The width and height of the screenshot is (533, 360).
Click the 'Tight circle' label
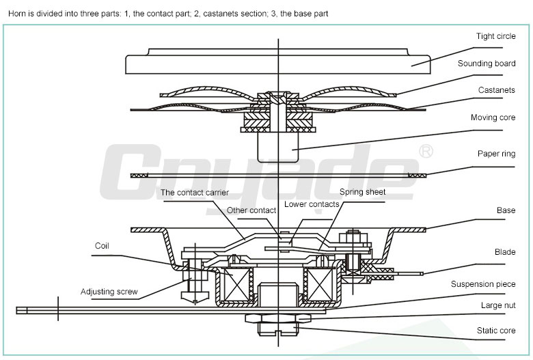(495, 36)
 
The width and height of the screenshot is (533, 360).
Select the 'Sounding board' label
(487, 64)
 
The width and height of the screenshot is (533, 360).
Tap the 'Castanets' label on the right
(497, 90)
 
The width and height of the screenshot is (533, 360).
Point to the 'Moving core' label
(493, 117)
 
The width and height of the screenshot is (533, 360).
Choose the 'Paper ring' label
(496, 154)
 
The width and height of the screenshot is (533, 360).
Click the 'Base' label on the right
(506, 210)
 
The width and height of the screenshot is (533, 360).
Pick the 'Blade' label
(505, 252)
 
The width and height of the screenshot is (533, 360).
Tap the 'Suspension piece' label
(483, 283)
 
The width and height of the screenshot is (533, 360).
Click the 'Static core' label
(495, 331)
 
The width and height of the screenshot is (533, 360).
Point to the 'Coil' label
(102, 245)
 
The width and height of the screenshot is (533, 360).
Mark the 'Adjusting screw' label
(109, 292)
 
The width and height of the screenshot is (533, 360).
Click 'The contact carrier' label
(195, 193)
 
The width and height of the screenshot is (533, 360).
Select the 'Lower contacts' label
(312, 204)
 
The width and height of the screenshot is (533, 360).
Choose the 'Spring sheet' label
(362, 192)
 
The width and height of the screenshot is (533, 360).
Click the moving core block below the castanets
(277, 146)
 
